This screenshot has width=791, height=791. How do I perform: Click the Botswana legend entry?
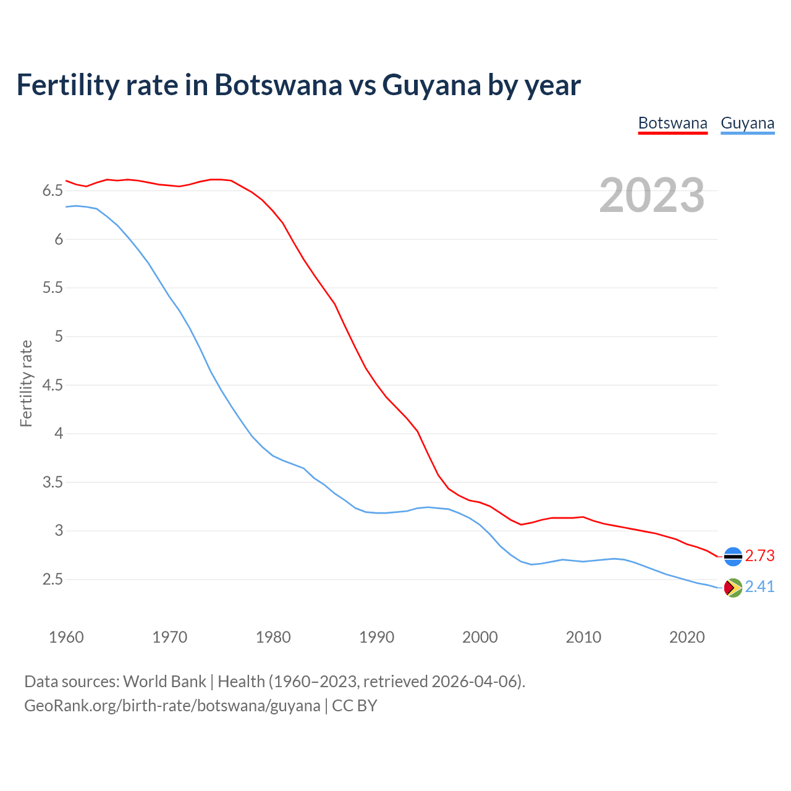672,123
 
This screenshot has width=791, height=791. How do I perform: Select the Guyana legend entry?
747,123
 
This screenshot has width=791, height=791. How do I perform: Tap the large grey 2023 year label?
652,195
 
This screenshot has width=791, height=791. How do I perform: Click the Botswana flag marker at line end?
732,556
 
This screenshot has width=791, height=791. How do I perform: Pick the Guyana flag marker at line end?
732,587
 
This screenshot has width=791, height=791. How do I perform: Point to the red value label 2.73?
759,556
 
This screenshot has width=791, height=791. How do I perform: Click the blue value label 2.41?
759,587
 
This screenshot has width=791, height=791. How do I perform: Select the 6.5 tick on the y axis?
53,191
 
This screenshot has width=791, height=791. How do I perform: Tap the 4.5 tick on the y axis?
53,386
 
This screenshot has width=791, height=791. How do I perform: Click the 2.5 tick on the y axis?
53,580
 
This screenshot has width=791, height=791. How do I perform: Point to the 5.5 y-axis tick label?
53,288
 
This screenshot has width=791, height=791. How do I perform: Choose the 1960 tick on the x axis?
66,637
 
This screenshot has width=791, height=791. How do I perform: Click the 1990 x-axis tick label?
376,637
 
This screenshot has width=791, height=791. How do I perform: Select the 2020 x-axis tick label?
687,637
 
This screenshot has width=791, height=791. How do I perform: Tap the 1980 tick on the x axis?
273,637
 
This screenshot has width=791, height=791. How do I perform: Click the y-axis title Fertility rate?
26,383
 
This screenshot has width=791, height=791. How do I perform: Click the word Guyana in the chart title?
431,85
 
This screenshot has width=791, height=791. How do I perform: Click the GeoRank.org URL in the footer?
172,706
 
